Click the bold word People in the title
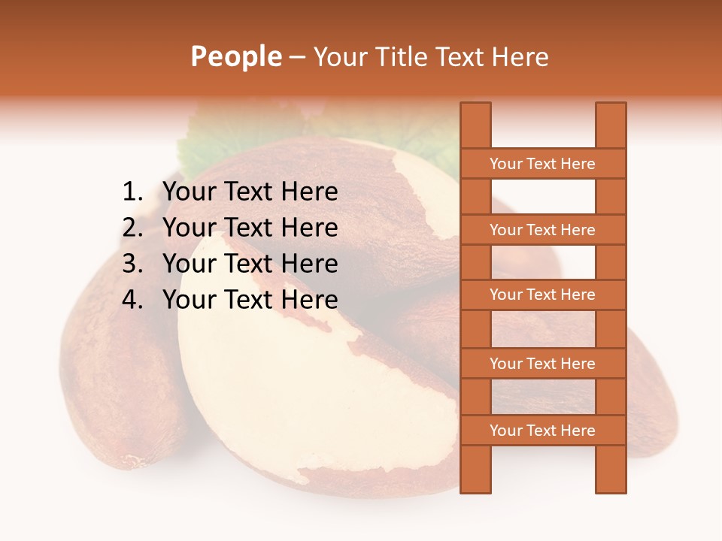coord(235,56)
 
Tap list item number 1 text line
coord(250,192)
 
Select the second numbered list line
coord(250,228)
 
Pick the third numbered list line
coord(250,264)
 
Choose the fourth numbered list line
coord(250,300)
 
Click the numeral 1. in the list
coord(132,192)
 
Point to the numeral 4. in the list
coord(132,300)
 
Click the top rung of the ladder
coord(542,164)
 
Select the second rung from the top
coord(542,230)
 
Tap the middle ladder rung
coord(542,295)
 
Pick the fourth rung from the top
coord(542,364)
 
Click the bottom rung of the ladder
coord(542,431)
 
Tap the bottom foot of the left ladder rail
coord(475,481)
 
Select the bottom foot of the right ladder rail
coord(611,481)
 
